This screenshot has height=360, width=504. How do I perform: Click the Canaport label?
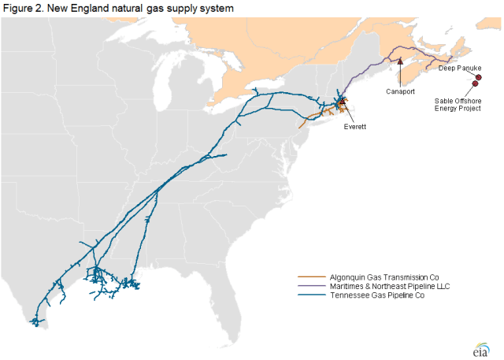pos(400,91)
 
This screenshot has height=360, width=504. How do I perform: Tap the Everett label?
pos(355,125)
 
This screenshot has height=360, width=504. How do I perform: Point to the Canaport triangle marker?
pos(400,58)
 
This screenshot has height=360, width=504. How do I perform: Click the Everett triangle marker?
pos(342,102)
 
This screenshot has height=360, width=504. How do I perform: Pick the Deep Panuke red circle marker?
pos(478,77)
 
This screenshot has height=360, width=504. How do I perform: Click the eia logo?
pos(480,347)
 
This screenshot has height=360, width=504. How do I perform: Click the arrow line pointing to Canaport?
pos(400,73)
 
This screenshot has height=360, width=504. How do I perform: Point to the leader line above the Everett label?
pos(347,113)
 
